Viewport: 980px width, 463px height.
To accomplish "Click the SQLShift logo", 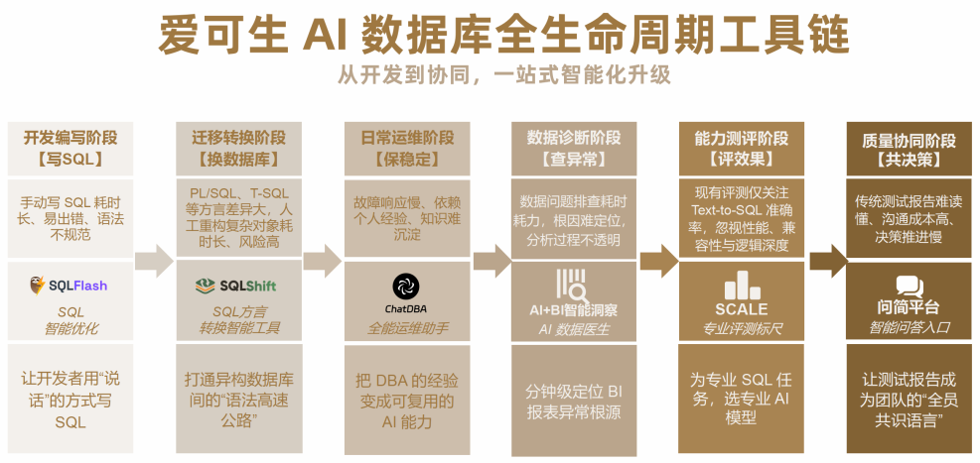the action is [235, 286].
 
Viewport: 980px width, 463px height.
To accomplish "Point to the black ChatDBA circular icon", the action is [404, 286].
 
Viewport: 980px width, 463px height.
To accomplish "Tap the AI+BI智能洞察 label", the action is [573, 309].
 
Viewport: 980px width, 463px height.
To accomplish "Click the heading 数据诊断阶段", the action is [573, 138].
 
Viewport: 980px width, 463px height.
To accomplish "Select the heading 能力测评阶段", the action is [740, 138].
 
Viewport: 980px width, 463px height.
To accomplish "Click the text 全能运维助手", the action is [405, 328].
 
